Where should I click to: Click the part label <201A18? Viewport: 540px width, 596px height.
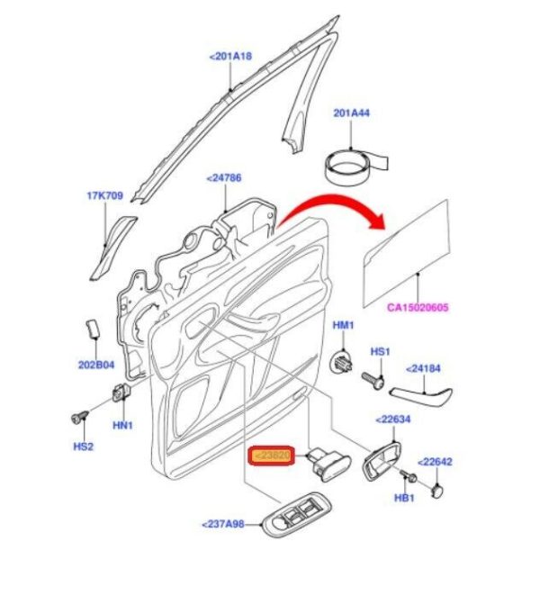point(230,56)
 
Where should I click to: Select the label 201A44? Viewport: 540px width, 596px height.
point(353,113)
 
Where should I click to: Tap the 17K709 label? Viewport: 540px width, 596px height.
point(104,194)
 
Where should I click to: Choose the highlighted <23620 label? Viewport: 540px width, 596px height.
point(270,456)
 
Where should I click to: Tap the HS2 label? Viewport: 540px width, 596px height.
point(83,447)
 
